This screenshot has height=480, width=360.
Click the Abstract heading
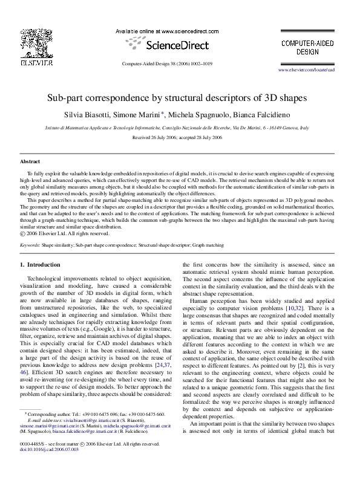(30, 162)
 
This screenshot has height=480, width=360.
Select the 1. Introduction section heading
(40, 265)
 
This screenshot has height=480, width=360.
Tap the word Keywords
(30, 245)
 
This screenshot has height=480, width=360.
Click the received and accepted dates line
(177, 138)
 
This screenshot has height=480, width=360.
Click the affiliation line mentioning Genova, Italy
(177, 128)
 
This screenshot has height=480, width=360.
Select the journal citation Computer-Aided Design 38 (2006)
(167, 63)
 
